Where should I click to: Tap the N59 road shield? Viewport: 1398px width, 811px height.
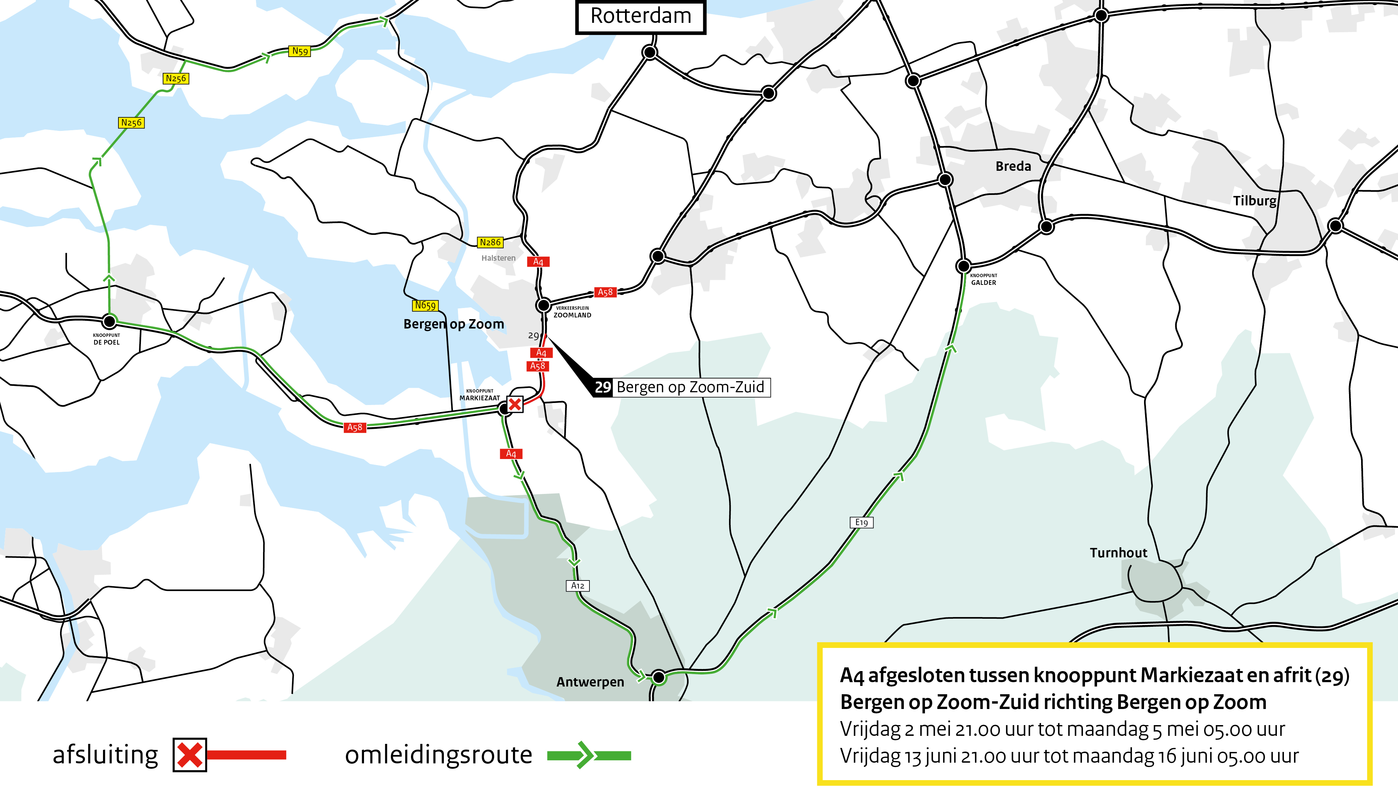[x=300, y=51]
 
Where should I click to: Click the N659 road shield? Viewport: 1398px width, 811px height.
[x=425, y=305]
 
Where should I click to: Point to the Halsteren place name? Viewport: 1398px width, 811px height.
[x=498, y=258]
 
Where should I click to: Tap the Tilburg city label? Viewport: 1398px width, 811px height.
[x=1254, y=201]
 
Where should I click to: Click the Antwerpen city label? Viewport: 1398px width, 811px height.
[x=590, y=682]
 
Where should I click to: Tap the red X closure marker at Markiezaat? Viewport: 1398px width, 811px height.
[x=515, y=404]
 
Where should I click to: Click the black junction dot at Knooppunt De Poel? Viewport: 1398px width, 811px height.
[x=110, y=321]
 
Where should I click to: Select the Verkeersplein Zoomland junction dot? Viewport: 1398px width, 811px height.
[x=543, y=305]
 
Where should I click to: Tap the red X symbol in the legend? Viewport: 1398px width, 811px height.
[x=190, y=755]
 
